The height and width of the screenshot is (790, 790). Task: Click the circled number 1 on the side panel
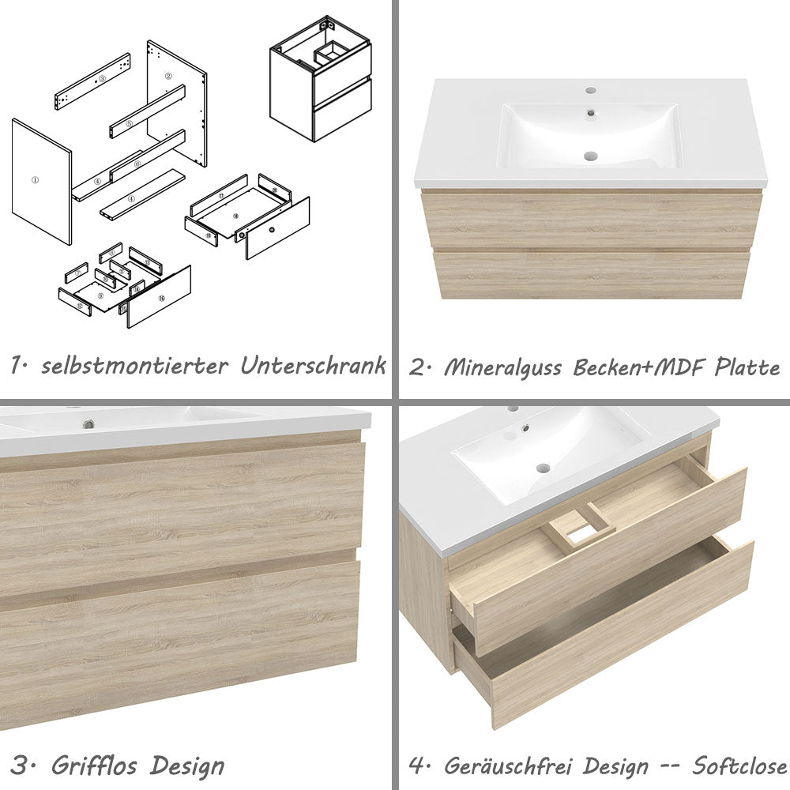click(35, 180)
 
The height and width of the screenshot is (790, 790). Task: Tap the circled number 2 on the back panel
click(168, 77)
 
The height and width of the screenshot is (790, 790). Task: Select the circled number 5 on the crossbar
click(129, 123)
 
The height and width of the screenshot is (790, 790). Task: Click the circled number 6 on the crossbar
click(137, 164)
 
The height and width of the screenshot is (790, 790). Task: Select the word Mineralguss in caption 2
click(506, 367)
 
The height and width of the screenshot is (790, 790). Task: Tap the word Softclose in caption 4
click(739, 766)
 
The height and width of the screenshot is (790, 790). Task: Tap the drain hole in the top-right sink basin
click(589, 156)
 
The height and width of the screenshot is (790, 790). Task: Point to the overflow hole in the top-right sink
click(589, 113)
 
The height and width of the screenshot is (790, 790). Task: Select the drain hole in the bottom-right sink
click(543, 468)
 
